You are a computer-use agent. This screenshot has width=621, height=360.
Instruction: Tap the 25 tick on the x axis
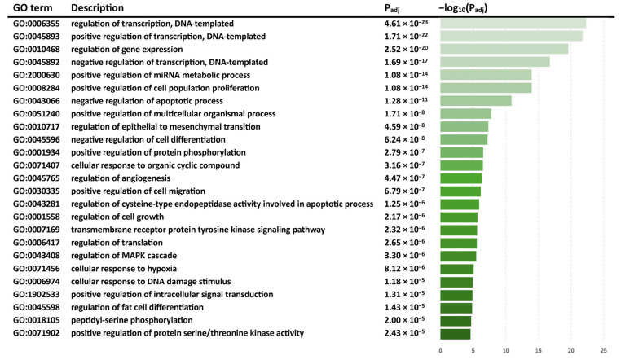pos(604,351)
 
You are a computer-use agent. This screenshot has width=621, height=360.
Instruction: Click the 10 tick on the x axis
pos(506,351)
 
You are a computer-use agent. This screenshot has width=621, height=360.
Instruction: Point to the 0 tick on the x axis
pos(440,351)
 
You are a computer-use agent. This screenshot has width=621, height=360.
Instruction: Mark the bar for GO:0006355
pos(513,24)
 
